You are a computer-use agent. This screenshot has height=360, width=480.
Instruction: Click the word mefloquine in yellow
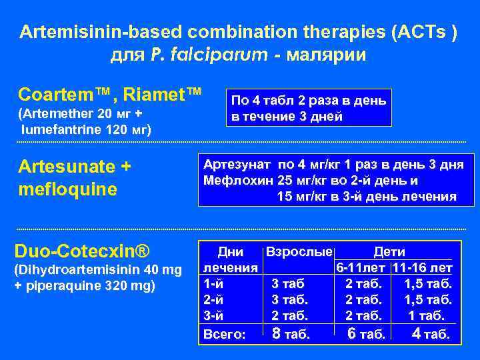tap(69, 189)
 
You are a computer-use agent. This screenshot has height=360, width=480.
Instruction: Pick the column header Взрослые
tap(299, 253)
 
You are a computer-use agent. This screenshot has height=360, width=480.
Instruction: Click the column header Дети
tap(389, 253)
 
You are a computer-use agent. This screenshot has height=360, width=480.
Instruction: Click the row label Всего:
tap(224, 333)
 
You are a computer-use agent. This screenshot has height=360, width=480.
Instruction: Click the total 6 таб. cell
tap(366, 333)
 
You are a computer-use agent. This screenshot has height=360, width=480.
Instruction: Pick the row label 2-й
tap(213, 299)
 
